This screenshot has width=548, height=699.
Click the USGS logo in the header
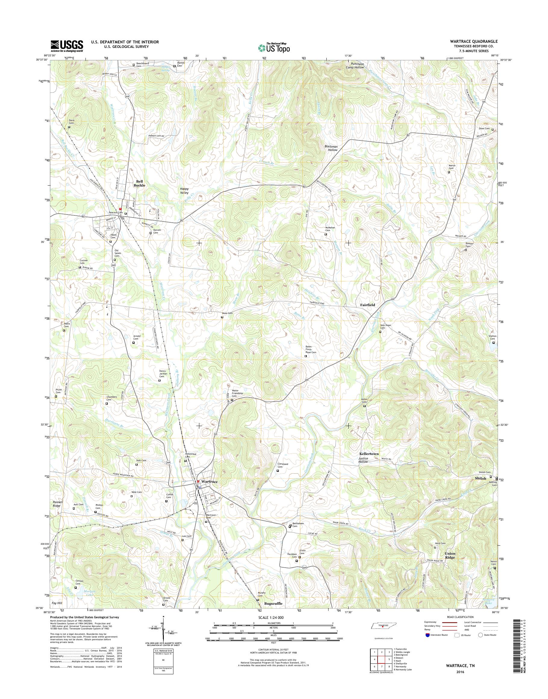point(67,46)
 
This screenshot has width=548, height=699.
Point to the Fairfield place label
point(367,305)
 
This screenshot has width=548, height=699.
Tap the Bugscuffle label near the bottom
point(273,603)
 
